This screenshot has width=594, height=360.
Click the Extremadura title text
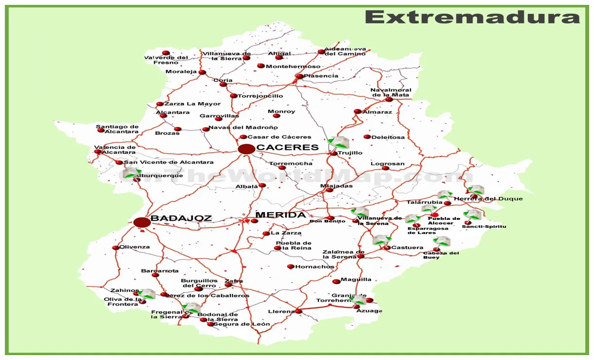472,18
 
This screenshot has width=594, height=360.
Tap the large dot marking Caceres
246,149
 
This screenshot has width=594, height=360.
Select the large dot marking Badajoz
142,222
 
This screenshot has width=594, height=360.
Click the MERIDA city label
280,215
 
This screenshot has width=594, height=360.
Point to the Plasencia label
321,76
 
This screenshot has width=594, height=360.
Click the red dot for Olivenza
115,248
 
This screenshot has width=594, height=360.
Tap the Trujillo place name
350,153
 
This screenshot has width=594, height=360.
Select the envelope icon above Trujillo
339,142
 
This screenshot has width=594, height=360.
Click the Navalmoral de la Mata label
390,92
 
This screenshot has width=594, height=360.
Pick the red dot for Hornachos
291,267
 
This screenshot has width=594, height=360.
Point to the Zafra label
234,281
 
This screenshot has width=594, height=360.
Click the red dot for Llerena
298,311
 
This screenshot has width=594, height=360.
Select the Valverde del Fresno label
166,60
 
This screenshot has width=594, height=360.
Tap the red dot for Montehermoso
261,66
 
